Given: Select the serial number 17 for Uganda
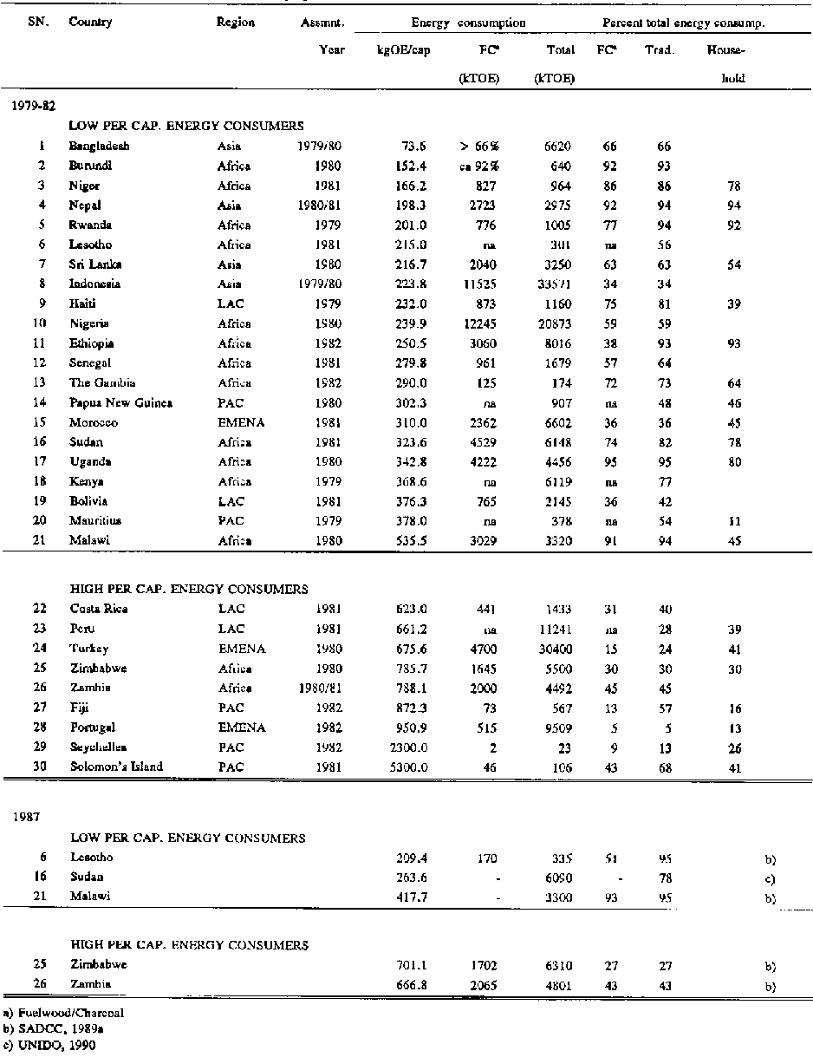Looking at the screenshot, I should tap(38, 461).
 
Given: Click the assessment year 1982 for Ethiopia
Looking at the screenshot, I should tap(329, 343).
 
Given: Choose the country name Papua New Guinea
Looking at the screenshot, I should tap(120, 402).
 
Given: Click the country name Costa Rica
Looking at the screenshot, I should tap(99, 609).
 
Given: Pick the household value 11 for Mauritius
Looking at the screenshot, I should tap(735, 521).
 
